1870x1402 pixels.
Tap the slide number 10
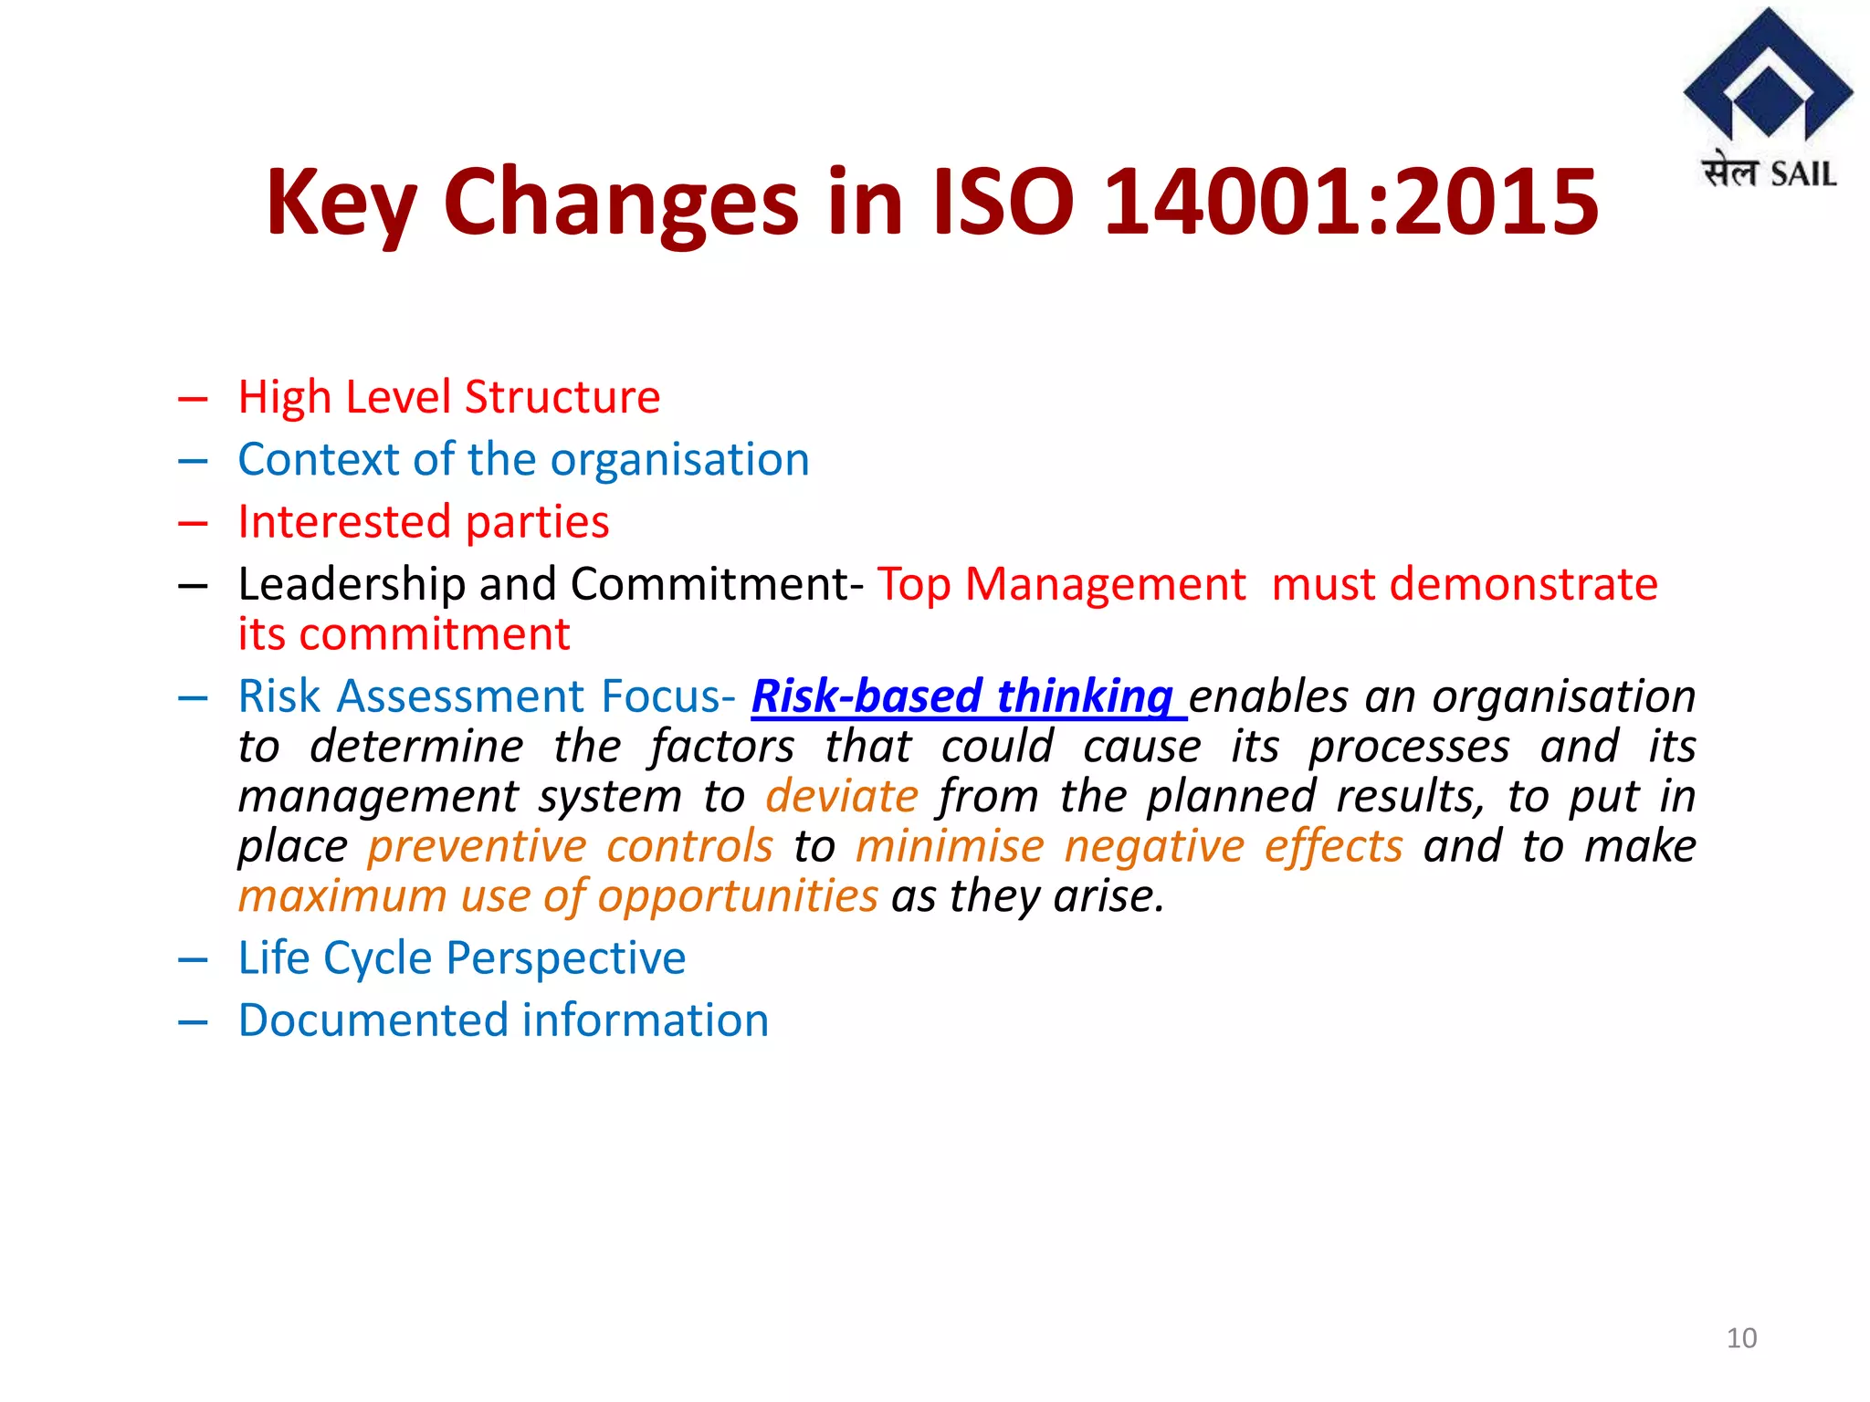[1741, 1338]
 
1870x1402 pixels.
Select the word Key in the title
[341, 203]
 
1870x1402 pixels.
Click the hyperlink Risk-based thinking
[968, 696]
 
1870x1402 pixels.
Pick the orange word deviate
[842, 796]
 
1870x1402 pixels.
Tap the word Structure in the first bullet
[562, 397]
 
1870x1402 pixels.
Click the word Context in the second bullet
[318, 459]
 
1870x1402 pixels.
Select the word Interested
[345, 522]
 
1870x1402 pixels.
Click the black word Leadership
[352, 584]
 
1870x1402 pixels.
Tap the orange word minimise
[950, 846]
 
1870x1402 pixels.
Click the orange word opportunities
[738, 896]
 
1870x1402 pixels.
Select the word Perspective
[566, 958]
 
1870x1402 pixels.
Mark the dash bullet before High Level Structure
[194, 399]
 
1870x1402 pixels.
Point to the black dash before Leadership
[194, 586]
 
